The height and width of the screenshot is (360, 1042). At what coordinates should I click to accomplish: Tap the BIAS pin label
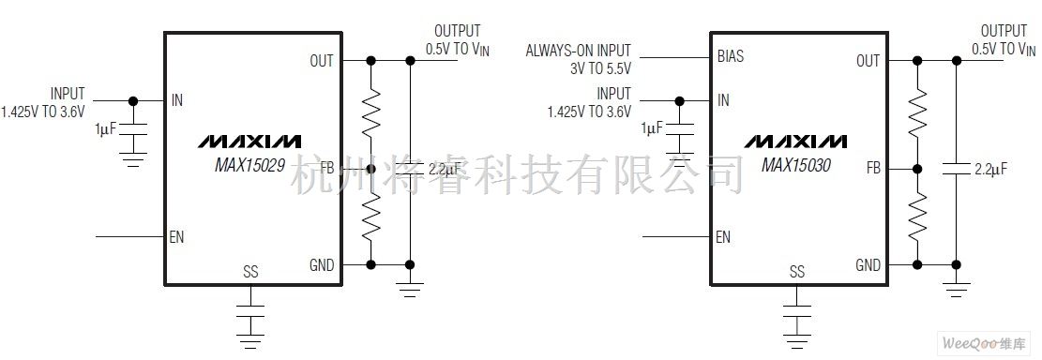(731, 56)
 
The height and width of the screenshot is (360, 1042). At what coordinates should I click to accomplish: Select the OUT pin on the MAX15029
(321, 61)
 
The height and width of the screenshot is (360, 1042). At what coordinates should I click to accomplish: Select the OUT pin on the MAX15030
(868, 61)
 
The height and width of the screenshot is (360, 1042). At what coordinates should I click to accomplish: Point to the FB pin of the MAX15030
(873, 169)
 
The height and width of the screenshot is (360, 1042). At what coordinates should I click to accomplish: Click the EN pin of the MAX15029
(176, 236)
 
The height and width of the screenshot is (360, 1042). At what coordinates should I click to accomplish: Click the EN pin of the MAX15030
(722, 236)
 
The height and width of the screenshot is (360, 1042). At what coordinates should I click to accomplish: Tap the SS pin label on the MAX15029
(250, 272)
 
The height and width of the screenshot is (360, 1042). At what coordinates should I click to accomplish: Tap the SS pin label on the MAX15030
(797, 272)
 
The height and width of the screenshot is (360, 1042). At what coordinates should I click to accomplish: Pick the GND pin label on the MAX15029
(321, 265)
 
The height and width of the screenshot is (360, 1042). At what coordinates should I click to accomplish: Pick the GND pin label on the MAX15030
(868, 265)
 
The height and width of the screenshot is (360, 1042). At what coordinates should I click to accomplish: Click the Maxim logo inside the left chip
(249, 142)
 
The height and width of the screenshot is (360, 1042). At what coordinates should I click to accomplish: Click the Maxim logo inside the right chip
(795, 142)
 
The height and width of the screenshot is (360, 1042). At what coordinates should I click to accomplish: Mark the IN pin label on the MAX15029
(177, 100)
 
